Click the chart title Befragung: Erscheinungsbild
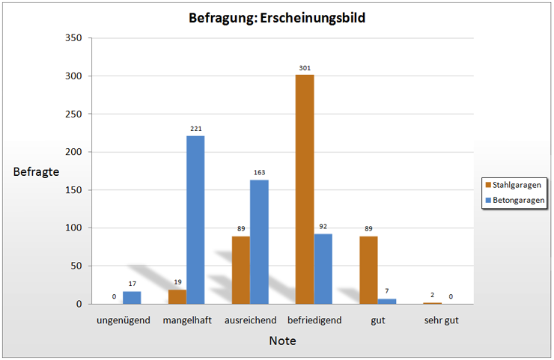click(x=277, y=18)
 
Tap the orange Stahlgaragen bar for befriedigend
click(x=305, y=189)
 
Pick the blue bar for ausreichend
click(x=259, y=241)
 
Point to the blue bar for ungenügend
click(x=132, y=297)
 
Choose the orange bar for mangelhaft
click(x=177, y=296)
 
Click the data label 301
click(x=305, y=68)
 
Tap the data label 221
click(x=196, y=129)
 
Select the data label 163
click(x=259, y=173)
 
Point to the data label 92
click(x=323, y=226)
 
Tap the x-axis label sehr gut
click(x=441, y=320)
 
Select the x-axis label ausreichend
click(x=250, y=320)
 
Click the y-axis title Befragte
click(x=36, y=171)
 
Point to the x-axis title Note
click(x=282, y=341)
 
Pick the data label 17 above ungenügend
click(x=132, y=284)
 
